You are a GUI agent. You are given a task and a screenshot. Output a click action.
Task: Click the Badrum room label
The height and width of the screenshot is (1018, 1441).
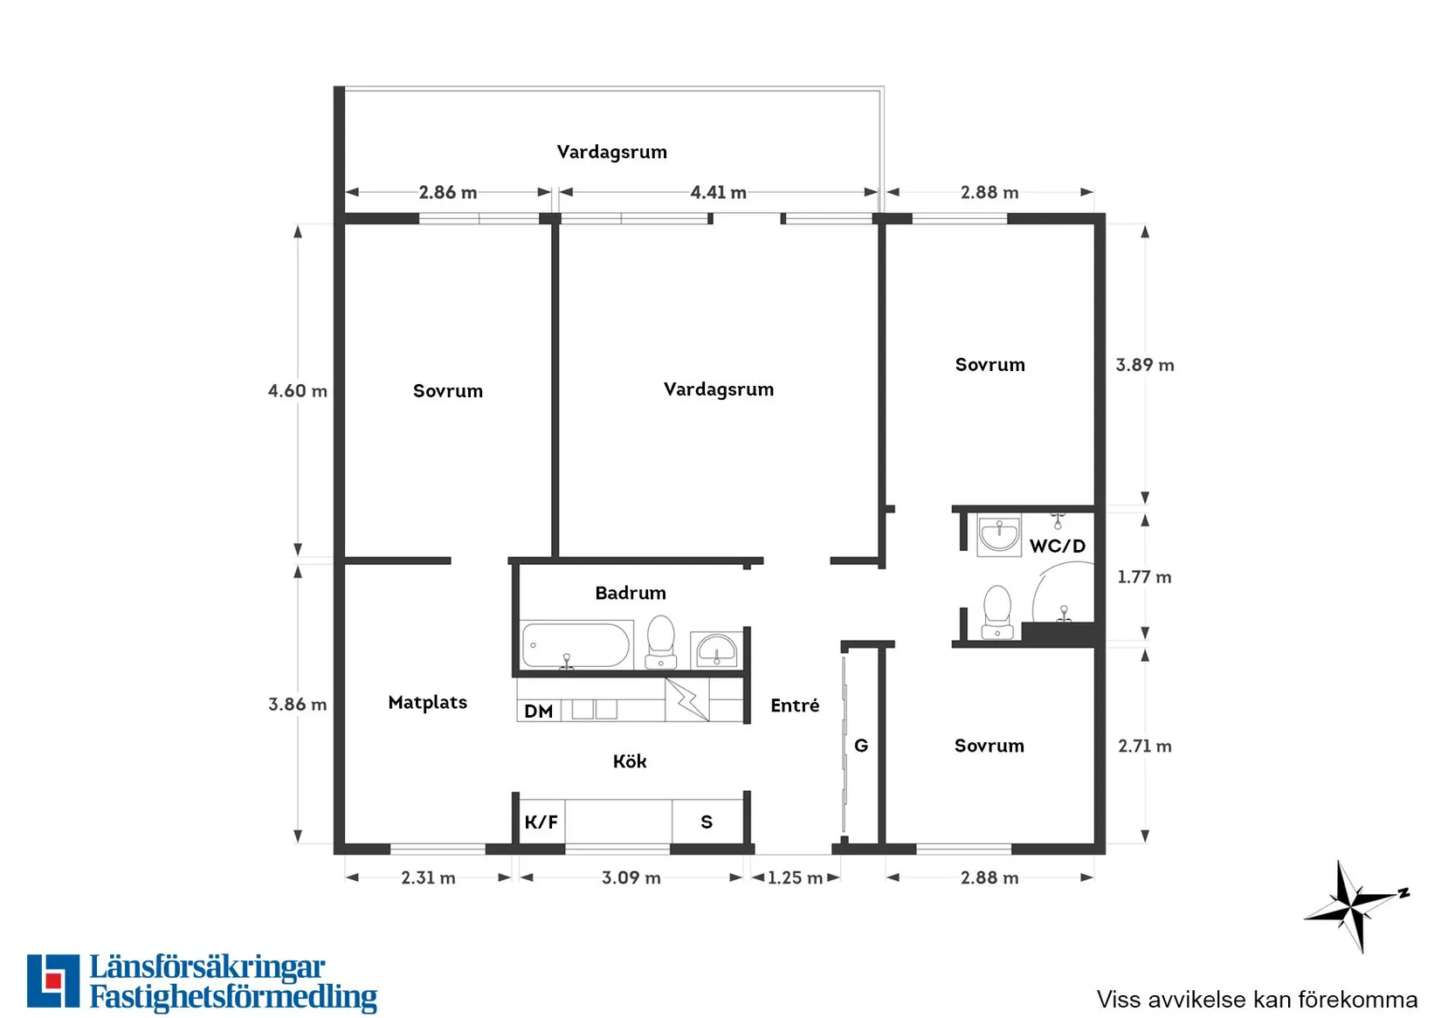[x=631, y=592]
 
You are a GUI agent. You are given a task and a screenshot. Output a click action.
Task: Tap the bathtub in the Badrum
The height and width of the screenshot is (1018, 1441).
[x=576, y=645]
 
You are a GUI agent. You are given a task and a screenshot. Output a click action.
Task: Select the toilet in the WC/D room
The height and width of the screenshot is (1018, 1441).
[x=997, y=611]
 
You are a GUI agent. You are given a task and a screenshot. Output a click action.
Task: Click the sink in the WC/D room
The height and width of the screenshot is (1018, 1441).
[x=999, y=534]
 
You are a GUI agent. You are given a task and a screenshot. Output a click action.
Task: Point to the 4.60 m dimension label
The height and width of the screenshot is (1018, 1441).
[x=297, y=390]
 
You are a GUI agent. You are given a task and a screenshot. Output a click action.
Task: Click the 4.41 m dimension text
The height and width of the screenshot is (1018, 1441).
[x=718, y=191]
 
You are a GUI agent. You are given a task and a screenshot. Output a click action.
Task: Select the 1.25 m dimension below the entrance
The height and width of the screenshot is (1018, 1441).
[x=795, y=877]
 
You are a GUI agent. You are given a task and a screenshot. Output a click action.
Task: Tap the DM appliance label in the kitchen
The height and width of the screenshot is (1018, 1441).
[x=539, y=712]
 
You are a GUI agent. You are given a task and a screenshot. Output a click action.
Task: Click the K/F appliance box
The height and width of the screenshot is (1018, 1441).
[x=541, y=822]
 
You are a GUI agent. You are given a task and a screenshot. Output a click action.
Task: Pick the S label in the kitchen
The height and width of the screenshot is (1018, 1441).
[x=707, y=822]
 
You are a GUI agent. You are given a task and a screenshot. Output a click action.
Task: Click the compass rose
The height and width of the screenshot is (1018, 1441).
[x=1356, y=906]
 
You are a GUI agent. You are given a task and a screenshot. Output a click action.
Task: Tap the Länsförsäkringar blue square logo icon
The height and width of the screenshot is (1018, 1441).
[x=53, y=980]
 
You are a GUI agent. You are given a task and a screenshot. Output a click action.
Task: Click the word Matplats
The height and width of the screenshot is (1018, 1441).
[x=427, y=702]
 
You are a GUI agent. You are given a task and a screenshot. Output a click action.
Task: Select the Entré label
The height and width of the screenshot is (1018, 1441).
[x=795, y=705]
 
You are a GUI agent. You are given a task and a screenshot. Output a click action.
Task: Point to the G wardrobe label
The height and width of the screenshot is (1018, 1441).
[x=861, y=746]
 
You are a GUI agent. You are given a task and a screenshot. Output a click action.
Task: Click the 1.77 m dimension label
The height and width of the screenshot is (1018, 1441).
[x=1144, y=577]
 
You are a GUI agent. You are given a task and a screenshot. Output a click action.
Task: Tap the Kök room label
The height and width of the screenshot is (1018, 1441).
[x=629, y=761]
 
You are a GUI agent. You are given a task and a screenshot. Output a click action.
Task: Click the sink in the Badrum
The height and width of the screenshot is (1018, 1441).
[x=716, y=650]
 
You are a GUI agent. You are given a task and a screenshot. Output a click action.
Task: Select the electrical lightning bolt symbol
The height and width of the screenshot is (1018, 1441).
[x=687, y=699]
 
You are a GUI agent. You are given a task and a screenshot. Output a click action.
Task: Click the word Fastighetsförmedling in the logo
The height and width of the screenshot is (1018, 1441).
[x=233, y=996]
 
